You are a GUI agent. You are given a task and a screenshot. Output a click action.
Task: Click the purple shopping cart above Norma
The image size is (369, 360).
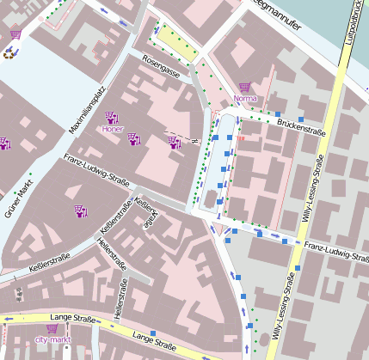tap(245, 87)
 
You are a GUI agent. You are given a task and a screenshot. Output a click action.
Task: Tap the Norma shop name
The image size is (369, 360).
tap(245, 98)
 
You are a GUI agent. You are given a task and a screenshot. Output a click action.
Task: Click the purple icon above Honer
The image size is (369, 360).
tap(112, 118)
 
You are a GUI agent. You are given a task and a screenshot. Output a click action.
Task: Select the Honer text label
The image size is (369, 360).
tap(112, 130)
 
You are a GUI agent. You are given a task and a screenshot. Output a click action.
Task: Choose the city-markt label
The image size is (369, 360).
tap(53, 340)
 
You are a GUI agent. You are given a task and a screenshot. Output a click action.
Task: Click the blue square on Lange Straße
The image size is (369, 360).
tap(153, 333)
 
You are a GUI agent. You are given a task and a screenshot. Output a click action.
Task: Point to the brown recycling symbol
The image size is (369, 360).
tap(10, 52)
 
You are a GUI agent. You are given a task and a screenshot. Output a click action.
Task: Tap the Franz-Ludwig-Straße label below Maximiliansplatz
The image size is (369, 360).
tap(96, 170)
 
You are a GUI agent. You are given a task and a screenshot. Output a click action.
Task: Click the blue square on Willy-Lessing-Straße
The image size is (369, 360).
tap(299, 269)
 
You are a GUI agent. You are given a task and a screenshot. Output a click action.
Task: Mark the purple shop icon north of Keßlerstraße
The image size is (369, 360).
tap(82, 211)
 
